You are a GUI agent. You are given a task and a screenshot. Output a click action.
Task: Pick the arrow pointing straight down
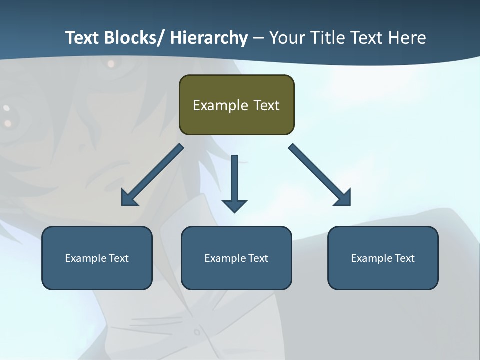[x=234, y=180]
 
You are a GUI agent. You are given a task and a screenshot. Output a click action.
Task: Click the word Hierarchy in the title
[x=209, y=38]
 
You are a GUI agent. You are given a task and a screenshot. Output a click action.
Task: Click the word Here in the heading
[x=408, y=38]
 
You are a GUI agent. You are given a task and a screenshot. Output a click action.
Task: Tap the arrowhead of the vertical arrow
[x=234, y=205]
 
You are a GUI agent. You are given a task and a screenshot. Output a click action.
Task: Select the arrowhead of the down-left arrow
[x=129, y=198]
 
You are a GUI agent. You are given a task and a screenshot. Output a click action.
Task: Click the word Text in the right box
[x=404, y=258]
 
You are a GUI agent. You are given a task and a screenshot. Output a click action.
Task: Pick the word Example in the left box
[x=86, y=258]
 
